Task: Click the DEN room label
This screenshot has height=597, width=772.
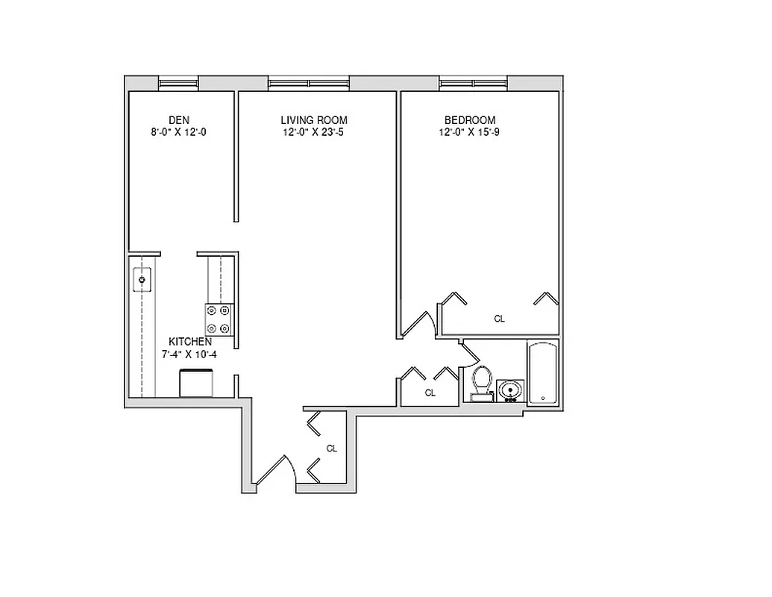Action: (178, 120)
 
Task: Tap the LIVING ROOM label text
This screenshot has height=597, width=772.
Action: (313, 120)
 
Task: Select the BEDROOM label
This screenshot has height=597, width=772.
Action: (470, 120)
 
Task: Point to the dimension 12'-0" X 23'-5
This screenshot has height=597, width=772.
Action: (313, 132)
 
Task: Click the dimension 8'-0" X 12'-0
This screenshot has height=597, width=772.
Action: (178, 132)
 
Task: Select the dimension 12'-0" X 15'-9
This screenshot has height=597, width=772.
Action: (470, 132)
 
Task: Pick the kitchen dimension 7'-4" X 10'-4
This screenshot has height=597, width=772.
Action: (189, 354)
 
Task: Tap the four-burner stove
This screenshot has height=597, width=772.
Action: (219, 319)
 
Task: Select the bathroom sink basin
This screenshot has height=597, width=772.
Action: (510, 390)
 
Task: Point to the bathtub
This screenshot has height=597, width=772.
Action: (542, 373)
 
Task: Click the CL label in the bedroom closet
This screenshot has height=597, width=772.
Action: (499, 319)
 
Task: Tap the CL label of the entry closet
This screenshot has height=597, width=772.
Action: (332, 448)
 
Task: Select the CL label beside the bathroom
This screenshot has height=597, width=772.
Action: (430, 393)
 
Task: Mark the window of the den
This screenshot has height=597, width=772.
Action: (178, 83)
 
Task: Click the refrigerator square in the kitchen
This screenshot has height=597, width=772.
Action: (197, 384)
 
